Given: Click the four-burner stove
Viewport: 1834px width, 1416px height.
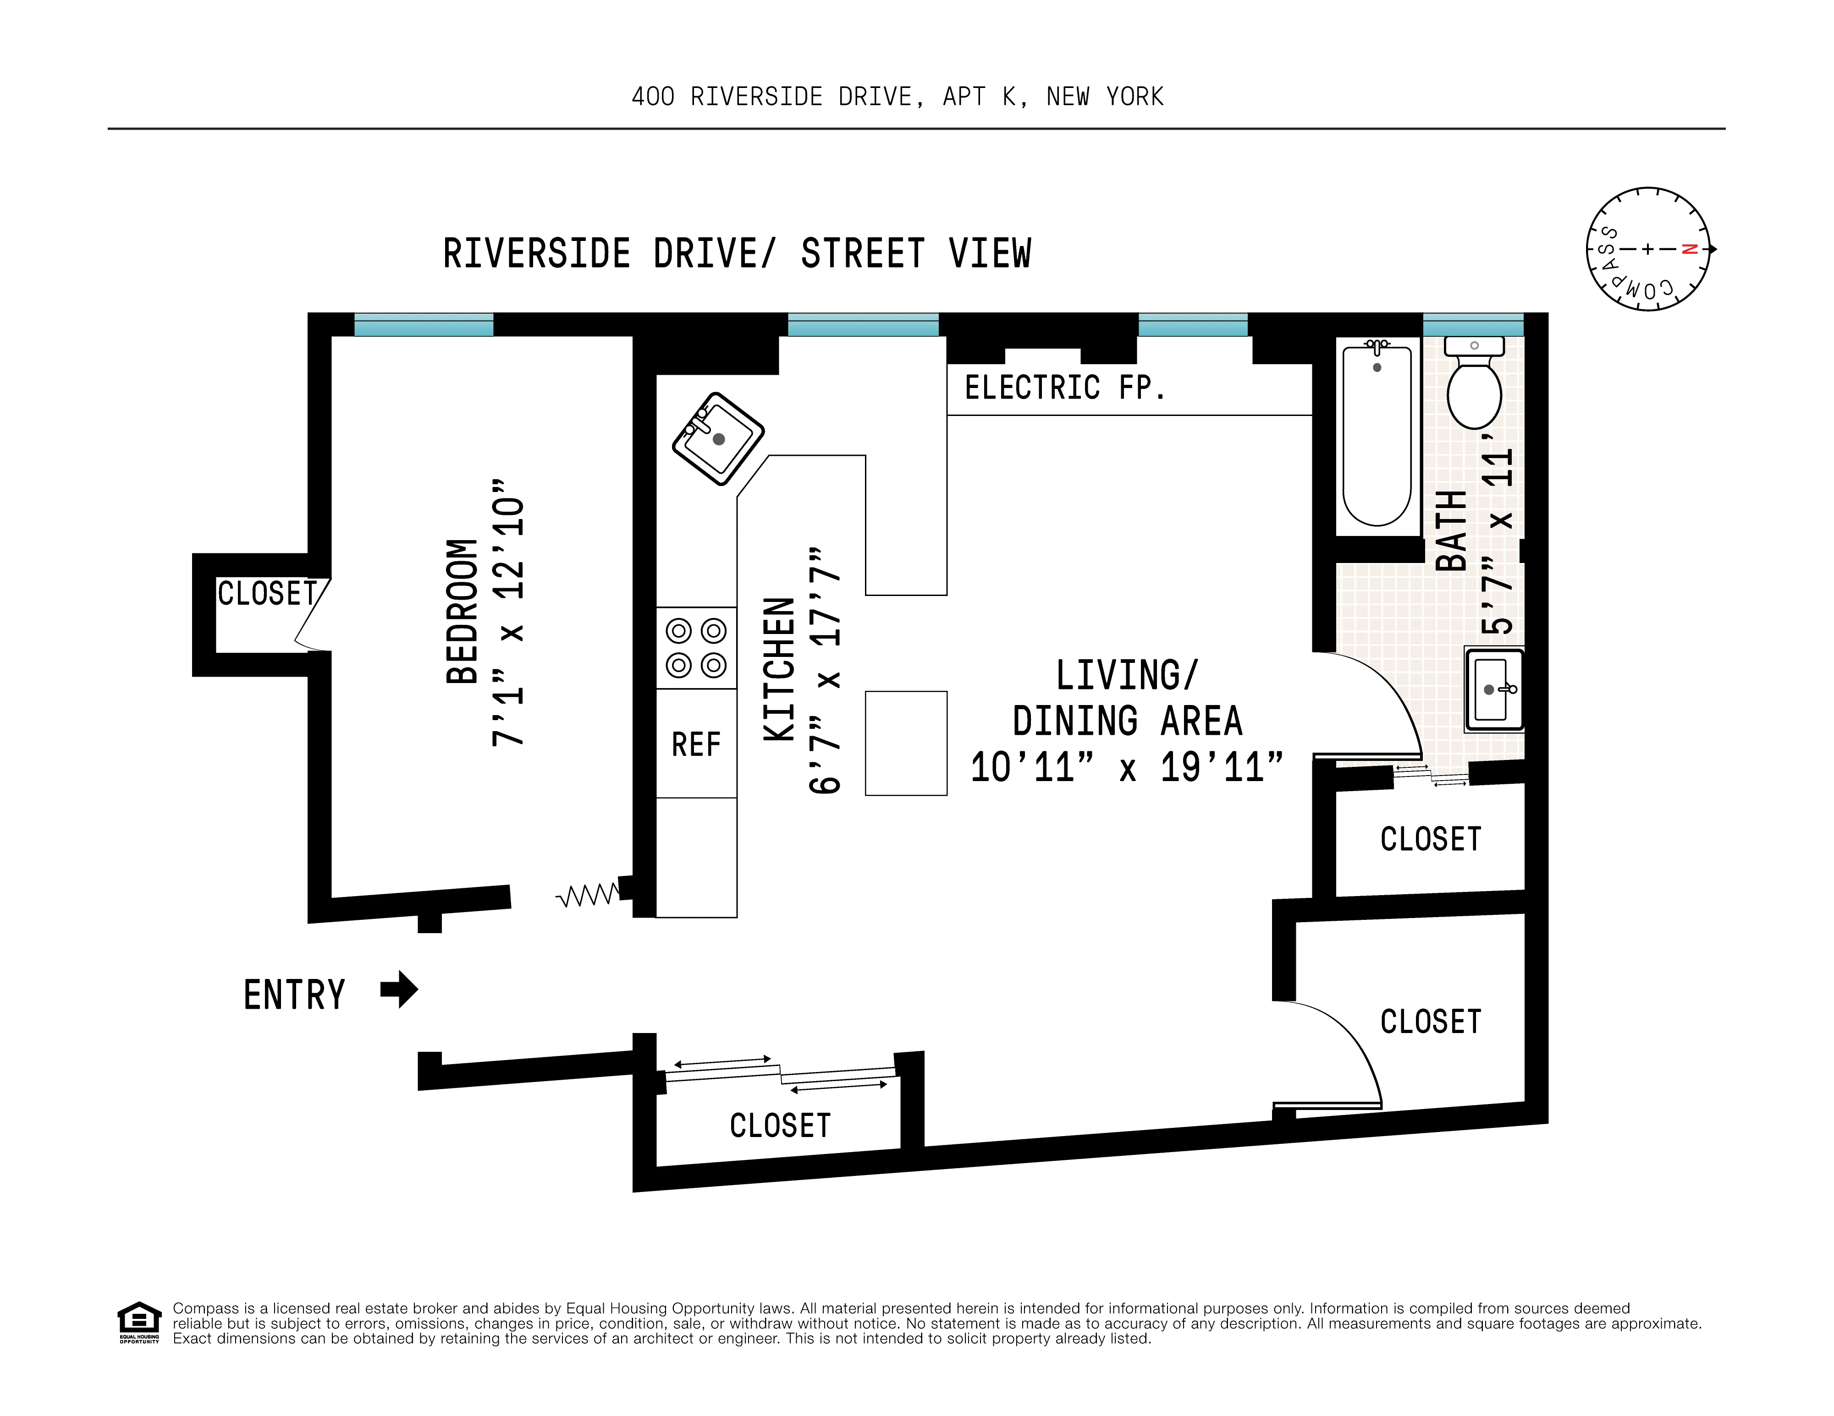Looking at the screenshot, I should (x=696, y=648).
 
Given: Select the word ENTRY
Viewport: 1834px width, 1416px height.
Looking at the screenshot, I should (x=294, y=995).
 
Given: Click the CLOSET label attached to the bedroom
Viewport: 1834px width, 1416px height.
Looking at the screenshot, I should (x=267, y=593).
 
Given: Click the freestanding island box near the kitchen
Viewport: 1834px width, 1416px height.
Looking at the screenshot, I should (x=906, y=743).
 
